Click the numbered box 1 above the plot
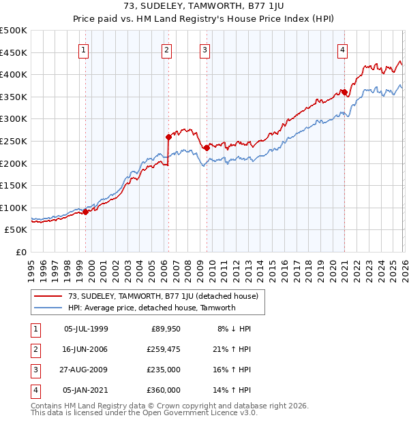(x=83, y=49)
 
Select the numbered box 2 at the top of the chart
(x=166, y=49)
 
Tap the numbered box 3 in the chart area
(x=204, y=49)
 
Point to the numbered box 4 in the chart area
(x=342, y=49)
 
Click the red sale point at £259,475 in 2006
(x=168, y=137)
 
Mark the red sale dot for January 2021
(x=344, y=93)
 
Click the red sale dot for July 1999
(x=86, y=212)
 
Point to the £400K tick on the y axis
(x=14, y=74)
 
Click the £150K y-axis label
(x=14, y=185)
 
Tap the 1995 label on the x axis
(x=31, y=265)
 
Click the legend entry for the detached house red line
(x=163, y=296)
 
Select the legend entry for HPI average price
(x=151, y=308)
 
